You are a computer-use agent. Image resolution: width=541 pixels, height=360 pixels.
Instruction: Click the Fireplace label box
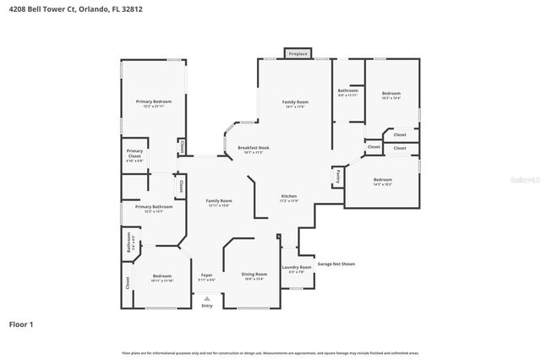(x=298, y=53)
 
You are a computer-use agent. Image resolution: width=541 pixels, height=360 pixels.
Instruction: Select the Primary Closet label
(x=134, y=155)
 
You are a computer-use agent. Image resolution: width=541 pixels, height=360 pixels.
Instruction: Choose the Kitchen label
(x=289, y=199)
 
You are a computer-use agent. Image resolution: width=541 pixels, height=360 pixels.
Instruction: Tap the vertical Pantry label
(x=338, y=176)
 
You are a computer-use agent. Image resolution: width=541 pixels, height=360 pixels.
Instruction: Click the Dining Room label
(x=254, y=275)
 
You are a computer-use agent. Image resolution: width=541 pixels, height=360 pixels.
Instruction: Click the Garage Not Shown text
(x=336, y=264)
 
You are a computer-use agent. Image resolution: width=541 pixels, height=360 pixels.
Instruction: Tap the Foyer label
(x=206, y=276)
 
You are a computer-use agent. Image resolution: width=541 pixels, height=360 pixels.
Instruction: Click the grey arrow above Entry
(x=207, y=297)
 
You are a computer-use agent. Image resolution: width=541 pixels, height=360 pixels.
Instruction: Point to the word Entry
(x=207, y=306)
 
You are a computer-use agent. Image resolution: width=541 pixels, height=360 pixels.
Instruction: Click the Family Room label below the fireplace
(x=295, y=103)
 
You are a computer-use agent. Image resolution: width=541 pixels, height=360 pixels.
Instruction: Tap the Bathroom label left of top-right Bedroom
(x=348, y=91)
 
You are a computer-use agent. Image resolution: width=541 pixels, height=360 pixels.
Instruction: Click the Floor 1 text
(x=22, y=324)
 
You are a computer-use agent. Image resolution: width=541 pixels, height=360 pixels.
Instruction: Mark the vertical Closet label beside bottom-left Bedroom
(x=128, y=282)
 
